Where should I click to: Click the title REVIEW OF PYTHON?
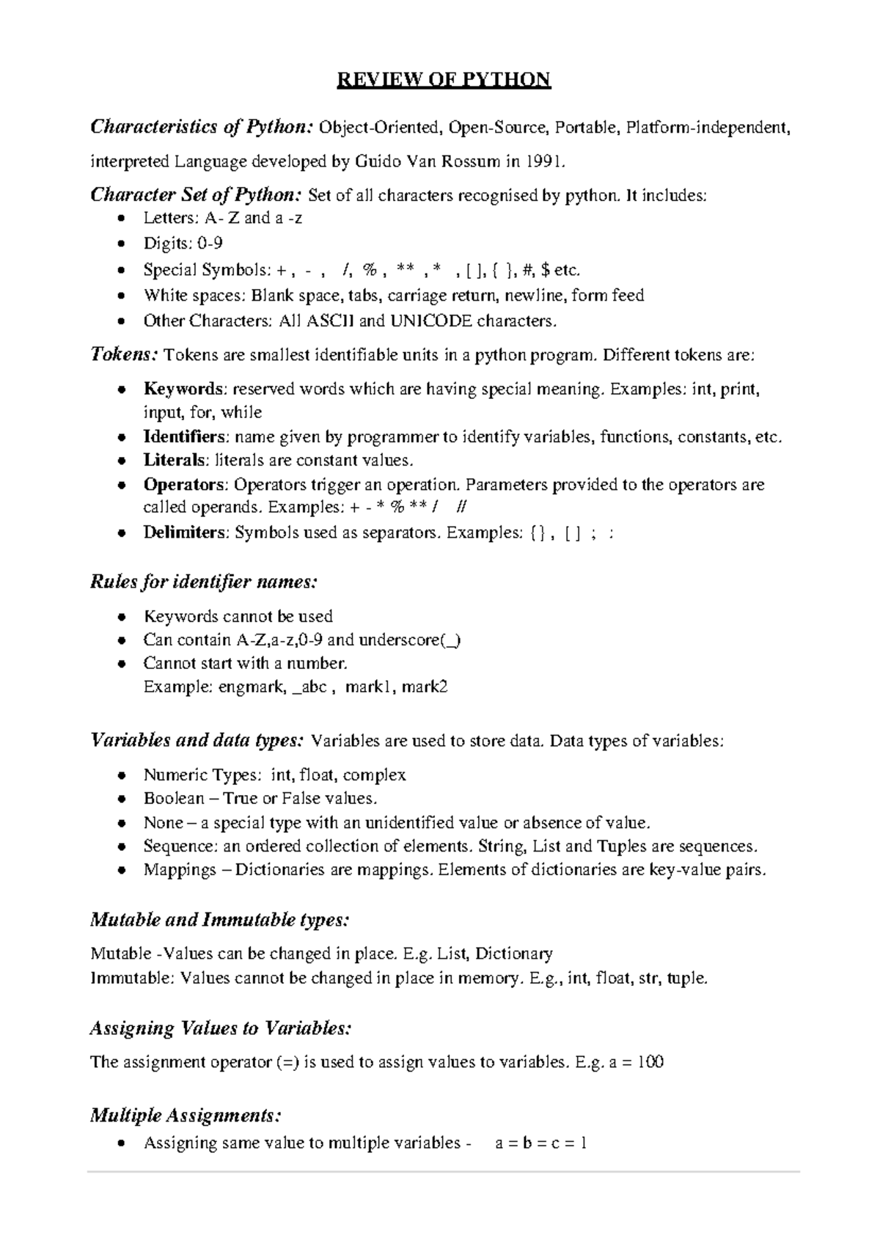[443, 80]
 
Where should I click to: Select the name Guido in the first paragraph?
[375, 161]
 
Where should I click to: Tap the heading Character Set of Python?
[195, 195]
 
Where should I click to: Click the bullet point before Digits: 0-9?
[122, 244]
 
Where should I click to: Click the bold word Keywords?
[183, 389]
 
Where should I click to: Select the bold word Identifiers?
[185, 437]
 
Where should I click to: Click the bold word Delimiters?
[186, 533]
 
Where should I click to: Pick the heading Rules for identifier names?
[204, 582]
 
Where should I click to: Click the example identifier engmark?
[252, 687]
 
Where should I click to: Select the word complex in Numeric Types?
[374, 775]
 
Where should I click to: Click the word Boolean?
[174, 799]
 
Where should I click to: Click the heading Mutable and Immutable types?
[219, 920]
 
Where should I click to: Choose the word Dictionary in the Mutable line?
[514, 954]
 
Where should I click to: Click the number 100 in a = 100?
[650, 1062]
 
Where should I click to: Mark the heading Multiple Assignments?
[186, 1116]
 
